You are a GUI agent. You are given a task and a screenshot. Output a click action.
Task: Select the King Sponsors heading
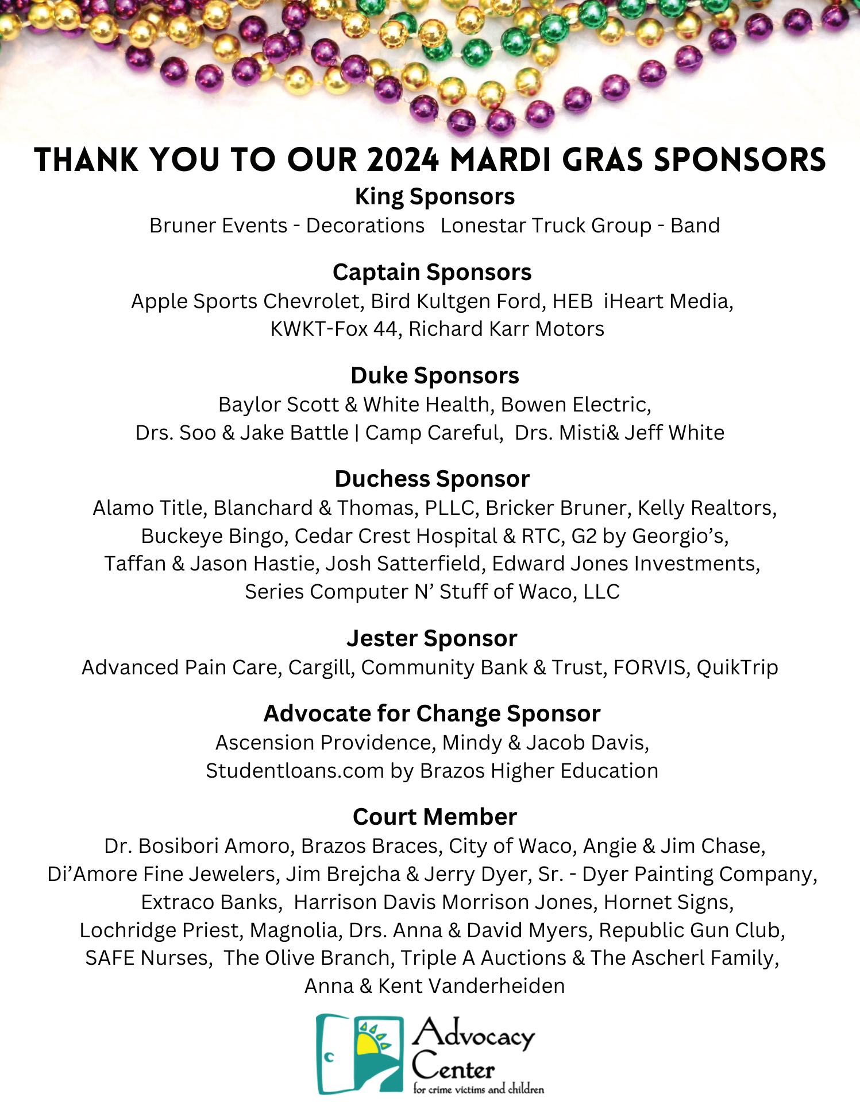pos(434,197)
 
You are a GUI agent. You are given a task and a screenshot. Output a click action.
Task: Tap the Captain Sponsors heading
pos(432,272)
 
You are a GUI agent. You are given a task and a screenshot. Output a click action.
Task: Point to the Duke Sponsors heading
pos(434,375)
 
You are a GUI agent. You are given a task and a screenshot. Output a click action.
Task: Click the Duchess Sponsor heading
pos(432,478)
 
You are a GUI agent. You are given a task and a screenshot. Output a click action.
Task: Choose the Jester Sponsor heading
pos(431,638)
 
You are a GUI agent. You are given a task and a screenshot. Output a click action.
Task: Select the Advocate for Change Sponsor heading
pos(431,713)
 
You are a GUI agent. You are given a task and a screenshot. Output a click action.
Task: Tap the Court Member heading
pos(435,816)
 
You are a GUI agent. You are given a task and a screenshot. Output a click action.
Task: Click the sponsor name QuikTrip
pos(738,667)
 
